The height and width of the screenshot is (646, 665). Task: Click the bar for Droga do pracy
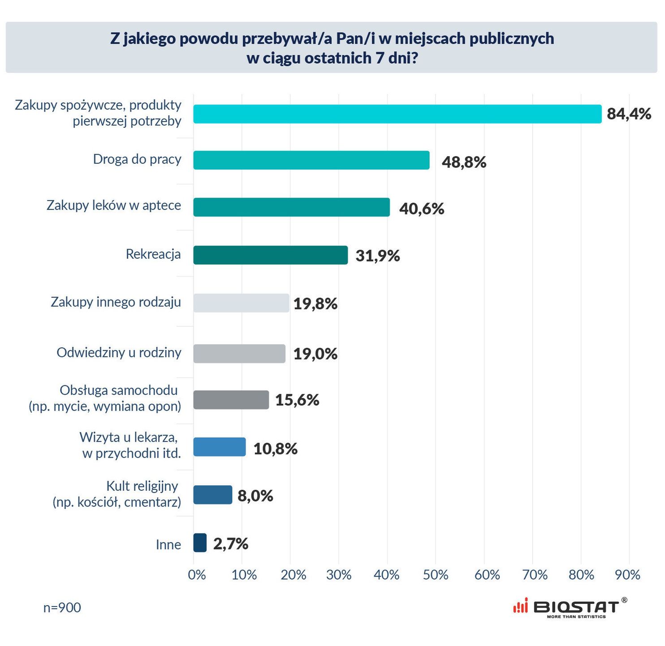coord(311,160)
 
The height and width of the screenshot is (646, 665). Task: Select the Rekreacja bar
coord(270,255)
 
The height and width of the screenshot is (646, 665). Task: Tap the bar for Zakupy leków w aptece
coord(291,207)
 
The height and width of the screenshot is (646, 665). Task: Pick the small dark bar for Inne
coord(200,543)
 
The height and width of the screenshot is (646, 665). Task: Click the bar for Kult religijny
coord(212,495)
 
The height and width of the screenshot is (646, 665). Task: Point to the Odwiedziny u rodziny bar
coord(239,354)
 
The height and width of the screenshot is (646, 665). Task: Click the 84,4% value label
coord(629,114)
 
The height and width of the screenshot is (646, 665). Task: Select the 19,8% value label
coord(315,304)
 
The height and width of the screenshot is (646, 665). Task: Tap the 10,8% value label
coord(275,448)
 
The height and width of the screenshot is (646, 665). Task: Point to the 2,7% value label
coord(230,544)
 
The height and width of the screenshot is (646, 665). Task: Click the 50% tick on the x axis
coord(435,575)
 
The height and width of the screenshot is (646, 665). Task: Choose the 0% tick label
coord(197,575)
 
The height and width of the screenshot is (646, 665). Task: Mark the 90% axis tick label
coord(627,575)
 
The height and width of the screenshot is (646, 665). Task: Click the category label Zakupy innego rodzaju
coord(116,302)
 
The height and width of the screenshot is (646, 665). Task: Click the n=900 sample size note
coord(62,607)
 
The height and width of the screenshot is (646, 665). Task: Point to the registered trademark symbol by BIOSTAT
coord(624,600)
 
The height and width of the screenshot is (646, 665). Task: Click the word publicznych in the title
coord(511,39)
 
